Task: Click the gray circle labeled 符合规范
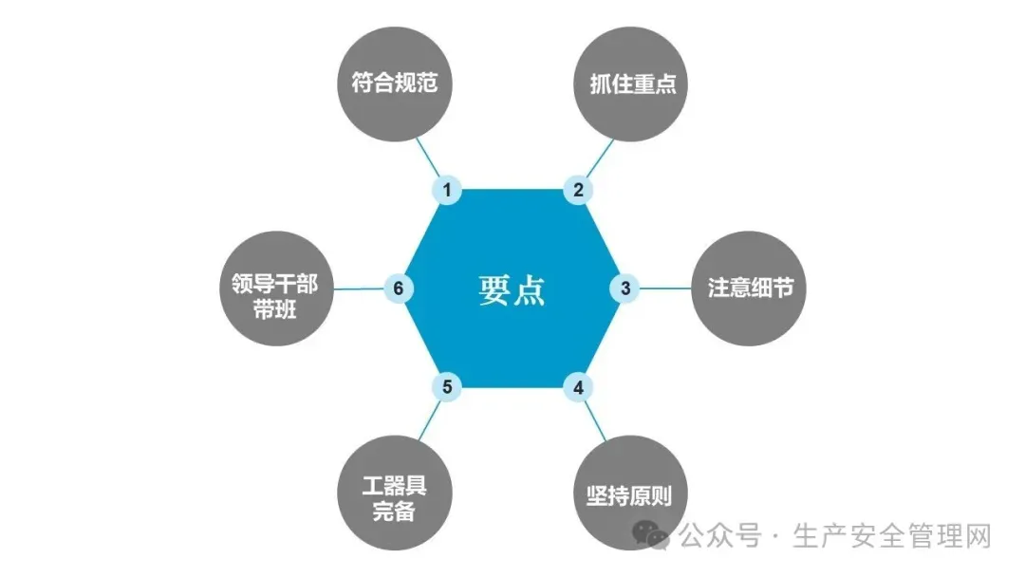[395, 84]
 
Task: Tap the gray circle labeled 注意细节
[750, 288]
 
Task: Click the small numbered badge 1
[446, 191]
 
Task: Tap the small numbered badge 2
[578, 191]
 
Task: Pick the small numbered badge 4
[578, 386]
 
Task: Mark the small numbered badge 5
[446, 386]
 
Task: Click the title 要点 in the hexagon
[512, 289]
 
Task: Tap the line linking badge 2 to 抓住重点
[598, 158]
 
